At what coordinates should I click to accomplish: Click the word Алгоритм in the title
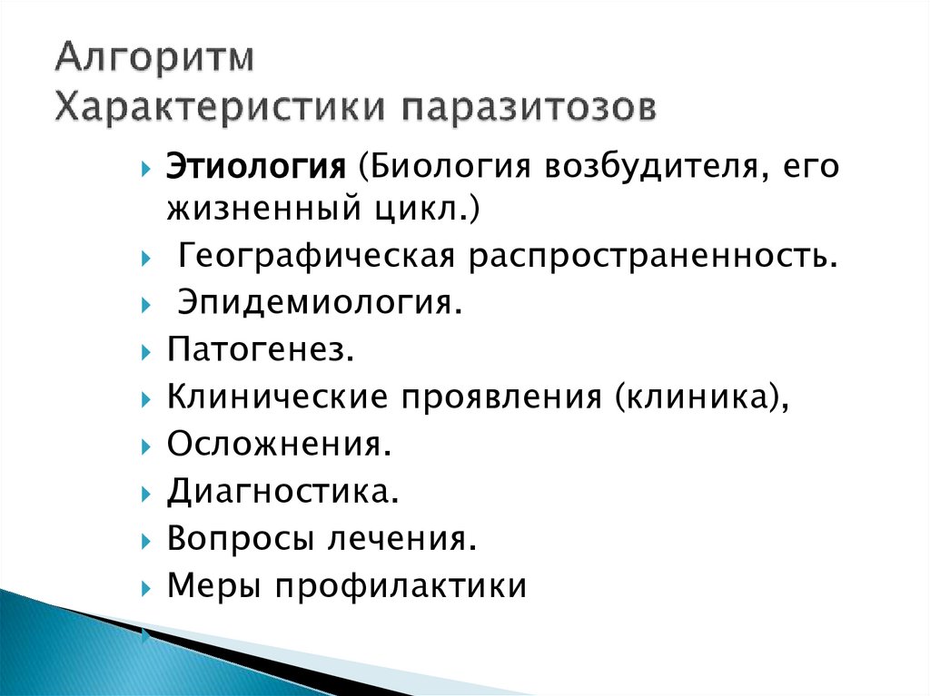point(154,58)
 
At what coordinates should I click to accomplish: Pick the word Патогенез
point(260,349)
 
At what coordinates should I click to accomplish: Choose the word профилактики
point(401,586)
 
